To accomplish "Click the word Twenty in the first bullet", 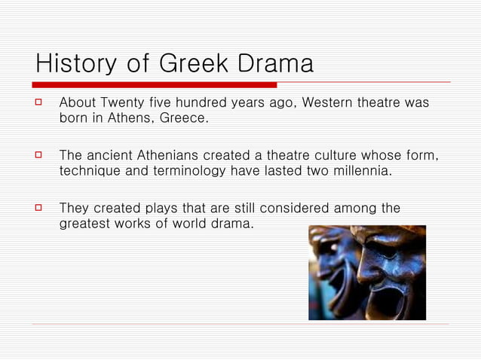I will point(124,102).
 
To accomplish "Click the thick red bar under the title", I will point(155,84).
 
